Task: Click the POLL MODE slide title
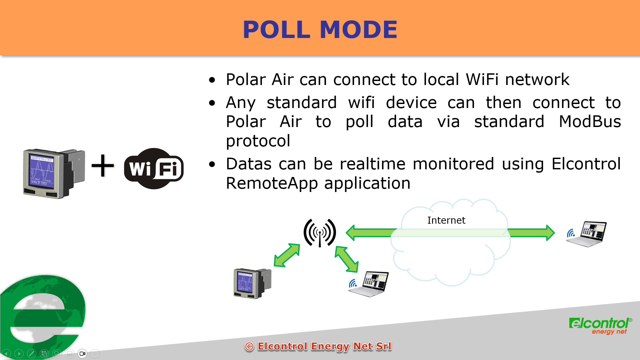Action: [320, 29]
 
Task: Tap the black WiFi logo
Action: [154, 168]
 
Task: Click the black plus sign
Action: [103, 165]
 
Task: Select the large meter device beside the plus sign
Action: [54, 173]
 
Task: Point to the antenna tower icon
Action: [320, 233]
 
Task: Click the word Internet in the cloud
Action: [446, 220]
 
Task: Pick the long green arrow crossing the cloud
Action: [450, 233]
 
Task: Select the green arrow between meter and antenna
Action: [287, 255]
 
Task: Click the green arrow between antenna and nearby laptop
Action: [347, 259]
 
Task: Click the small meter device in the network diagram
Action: [252, 283]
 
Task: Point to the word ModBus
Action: [590, 121]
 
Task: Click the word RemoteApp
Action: [272, 183]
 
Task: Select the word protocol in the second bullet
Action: [258, 141]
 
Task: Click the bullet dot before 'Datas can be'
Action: [212, 164]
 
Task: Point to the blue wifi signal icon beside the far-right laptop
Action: [571, 233]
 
